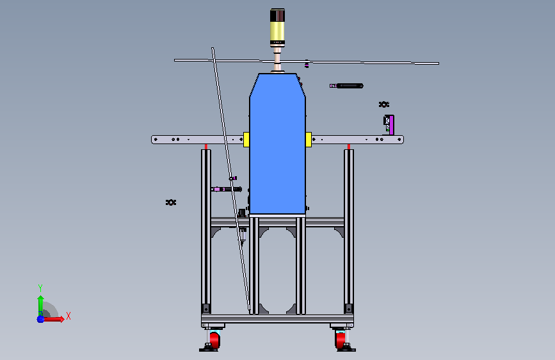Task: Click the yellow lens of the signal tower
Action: (277, 31)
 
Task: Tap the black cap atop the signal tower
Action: (277, 15)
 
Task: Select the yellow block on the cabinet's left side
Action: (246, 139)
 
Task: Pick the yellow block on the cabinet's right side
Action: (309, 139)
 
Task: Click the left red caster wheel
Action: (214, 340)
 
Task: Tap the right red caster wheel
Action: (340, 340)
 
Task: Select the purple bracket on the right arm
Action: (392, 125)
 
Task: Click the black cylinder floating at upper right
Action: (350, 86)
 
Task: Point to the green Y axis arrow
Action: (40, 304)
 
